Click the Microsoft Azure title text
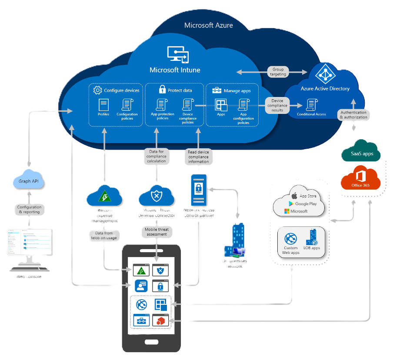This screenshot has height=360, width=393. [x=208, y=25]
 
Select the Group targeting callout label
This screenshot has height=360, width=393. [x=278, y=72]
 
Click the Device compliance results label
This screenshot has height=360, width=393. [x=277, y=105]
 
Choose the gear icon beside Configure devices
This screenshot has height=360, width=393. [x=97, y=90]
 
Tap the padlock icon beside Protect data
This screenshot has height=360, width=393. [x=162, y=90]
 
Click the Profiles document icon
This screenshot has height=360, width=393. [x=103, y=105]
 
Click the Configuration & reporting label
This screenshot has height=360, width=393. [x=29, y=210]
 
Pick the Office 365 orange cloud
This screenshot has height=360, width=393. [x=360, y=180]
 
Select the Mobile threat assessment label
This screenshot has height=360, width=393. [x=156, y=231]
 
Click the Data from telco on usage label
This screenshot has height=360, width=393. [x=104, y=236]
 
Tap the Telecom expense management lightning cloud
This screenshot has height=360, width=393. [x=104, y=197]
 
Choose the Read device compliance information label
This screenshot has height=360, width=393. [x=198, y=157]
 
